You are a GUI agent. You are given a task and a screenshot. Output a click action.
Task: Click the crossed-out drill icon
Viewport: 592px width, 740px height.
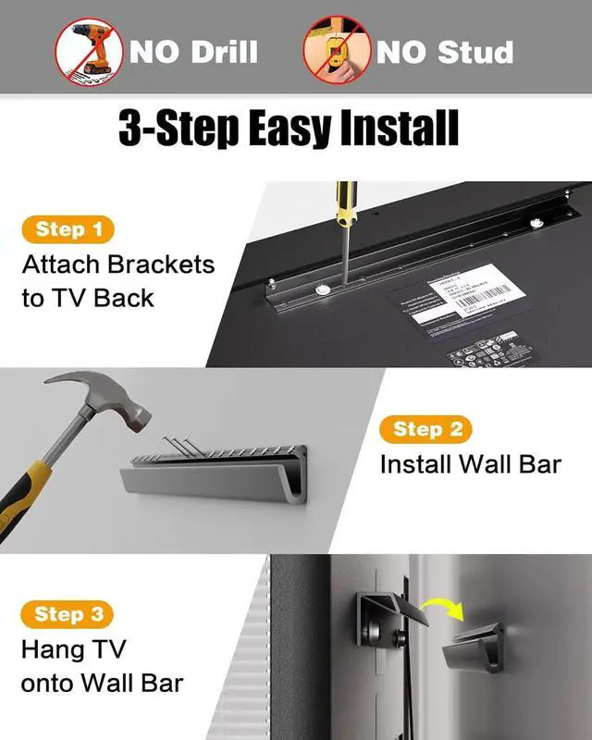click(89, 50)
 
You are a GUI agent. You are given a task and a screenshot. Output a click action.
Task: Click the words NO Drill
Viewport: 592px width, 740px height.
click(193, 51)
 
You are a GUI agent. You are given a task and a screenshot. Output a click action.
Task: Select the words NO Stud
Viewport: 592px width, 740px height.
click(444, 51)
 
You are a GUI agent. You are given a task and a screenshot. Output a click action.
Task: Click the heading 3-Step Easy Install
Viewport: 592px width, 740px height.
click(289, 129)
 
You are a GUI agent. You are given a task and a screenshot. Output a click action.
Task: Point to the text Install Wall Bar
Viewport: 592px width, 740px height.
click(470, 463)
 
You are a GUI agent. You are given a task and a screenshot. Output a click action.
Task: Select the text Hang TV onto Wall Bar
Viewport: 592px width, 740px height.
click(102, 666)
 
